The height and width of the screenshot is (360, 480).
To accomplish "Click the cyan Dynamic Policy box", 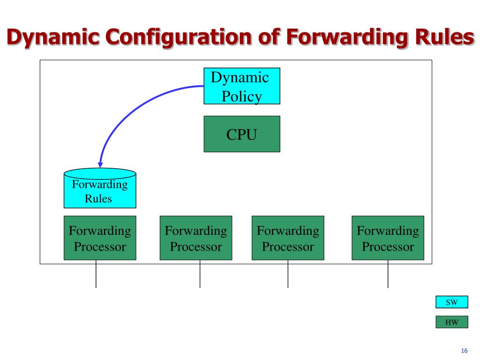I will point(241,86).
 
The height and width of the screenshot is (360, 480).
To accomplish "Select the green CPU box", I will point(241,134).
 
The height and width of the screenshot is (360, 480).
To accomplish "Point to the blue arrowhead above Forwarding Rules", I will point(100,165).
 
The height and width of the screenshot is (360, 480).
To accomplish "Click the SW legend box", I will point(451,302).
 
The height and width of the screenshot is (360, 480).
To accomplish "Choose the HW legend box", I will point(451,322).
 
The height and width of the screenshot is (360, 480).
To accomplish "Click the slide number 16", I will point(465,351).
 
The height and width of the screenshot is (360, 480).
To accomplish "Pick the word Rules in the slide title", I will point(441,37).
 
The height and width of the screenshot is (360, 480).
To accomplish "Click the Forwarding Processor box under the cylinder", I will point(100,238).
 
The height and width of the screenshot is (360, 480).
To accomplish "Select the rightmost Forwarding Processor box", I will point(388,238).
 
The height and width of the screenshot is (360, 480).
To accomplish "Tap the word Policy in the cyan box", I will point(241,96).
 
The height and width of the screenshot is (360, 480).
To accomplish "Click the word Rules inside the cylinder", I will point(98,198).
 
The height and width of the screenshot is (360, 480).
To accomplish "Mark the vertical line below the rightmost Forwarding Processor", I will point(388,274).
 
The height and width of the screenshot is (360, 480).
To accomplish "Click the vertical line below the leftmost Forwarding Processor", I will point(96,274).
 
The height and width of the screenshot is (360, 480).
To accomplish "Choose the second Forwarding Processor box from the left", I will point(195,238).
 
